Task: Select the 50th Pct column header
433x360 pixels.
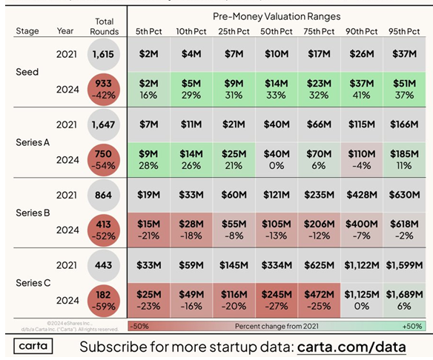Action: coord(277,33)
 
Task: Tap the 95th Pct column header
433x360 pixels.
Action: coord(406,33)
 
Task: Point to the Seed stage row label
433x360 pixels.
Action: coord(27,72)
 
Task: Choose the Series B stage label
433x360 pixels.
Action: coord(32,213)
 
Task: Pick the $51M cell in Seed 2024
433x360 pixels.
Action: coord(406,90)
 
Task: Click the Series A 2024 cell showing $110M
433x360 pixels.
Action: coord(363,161)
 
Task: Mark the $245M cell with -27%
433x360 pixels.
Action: coord(277,301)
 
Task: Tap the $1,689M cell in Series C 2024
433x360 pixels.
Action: coord(406,301)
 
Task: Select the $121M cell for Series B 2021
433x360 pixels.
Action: coord(277,195)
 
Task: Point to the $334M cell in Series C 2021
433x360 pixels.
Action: coord(277,265)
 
